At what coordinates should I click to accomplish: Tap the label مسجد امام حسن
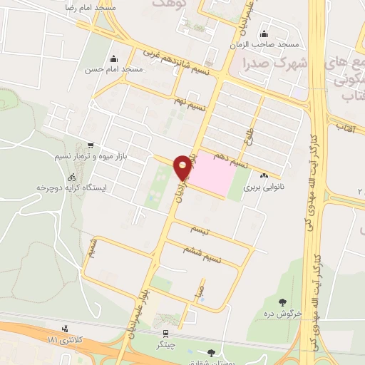(x=113, y=70)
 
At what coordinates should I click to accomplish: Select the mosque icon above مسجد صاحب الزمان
(x=264, y=34)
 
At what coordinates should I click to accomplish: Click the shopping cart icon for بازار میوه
(x=90, y=143)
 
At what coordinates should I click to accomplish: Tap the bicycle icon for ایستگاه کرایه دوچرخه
(x=71, y=177)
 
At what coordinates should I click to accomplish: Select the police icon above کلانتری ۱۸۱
(x=66, y=329)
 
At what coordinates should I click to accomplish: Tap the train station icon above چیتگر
(x=165, y=332)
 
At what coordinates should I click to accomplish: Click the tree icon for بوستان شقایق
(x=210, y=352)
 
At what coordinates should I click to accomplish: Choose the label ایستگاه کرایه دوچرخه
(x=71, y=188)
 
